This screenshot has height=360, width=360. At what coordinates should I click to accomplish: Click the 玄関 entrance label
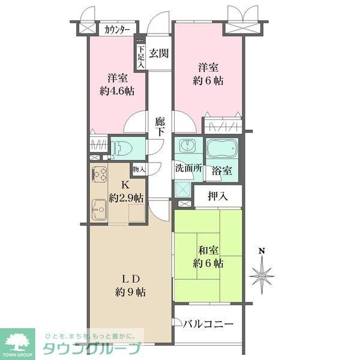(x=158, y=53)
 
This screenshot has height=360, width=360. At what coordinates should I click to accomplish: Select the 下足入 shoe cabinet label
(x=141, y=57)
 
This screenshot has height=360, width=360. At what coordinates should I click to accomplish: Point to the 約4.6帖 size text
(x=117, y=91)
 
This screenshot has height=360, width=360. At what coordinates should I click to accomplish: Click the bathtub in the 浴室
(x=223, y=148)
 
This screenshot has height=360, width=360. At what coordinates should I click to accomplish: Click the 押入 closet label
(x=217, y=195)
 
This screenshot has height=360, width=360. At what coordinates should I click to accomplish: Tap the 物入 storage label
(x=139, y=169)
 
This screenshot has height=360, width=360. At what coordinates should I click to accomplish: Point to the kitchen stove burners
(x=99, y=175)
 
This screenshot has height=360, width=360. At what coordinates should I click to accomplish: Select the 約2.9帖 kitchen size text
(x=127, y=197)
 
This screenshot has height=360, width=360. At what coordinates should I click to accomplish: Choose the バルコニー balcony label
(x=207, y=325)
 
